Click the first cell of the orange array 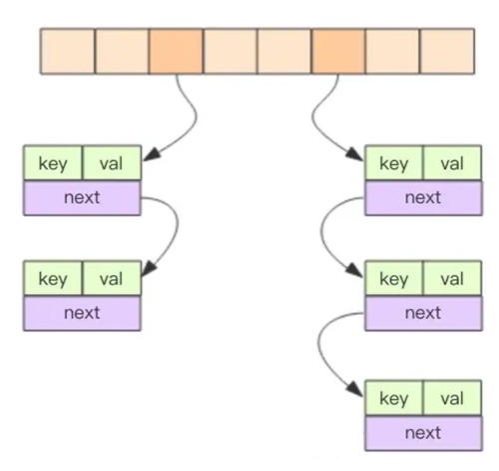pyautogui.click(x=68, y=51)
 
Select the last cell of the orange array pyautogui.click(x=447, y=51)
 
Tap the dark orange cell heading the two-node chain pyautogui.click(x=176, y=51)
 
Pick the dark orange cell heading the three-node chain pyautogui.click(x=338, y=51)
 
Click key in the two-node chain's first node pyautogui.click(x=53, y=164)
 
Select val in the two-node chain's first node pyautogui.click(x=111, y=164)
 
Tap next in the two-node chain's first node pyautogui.click(x=82, y=198)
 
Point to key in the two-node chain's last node pyautogui.click(x=53, y=279)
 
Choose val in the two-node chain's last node pyautogui.click(x=111, y=279)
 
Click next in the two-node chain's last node pyautogui.click(x=82, y=313)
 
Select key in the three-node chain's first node pyautogui.click(x=394, y=164)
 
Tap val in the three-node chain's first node pyautogui.click(x=452, y=164)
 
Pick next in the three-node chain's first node pyautogui.click(x=423, y=198)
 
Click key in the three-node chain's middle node pyautogui.click(x=394, y=279)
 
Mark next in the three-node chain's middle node pyautogui.click(x=423, y=313)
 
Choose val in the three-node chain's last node pyautogui.click(x=452, y=399)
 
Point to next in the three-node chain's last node pyautogui.click(x=423, y=433)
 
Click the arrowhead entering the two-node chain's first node pyautogui.click(x=151, y=155)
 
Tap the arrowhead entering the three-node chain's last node pyautogui.click(x=355, y=389)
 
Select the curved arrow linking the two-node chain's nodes pyautogui.click(x=178, y=227)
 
